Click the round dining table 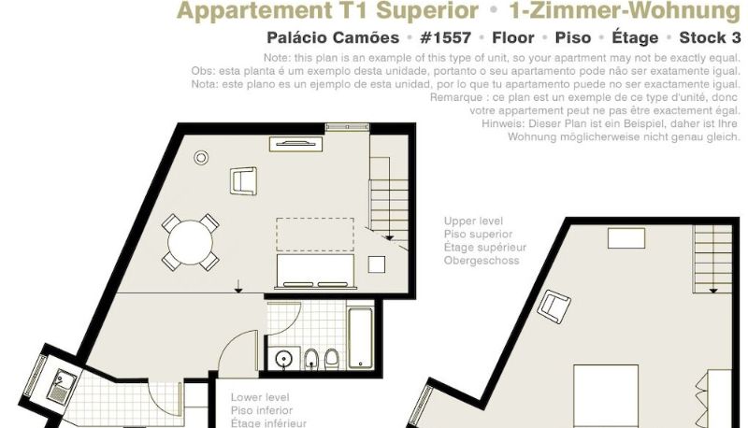pyautogui.click(x=190, y=242)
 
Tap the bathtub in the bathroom pyautogui.click(x=360, y=338)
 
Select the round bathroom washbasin pyautogui.click(x=284, y=358)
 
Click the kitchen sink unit pyautogui.click(x=61, y=386)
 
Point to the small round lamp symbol pyautogui.click(x=201, y=157)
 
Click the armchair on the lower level pyautogui.click(x=243, y=180)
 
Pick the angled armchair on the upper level pyautogui.click(x=554, y=306)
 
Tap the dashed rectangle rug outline pyautogui.click(x=315, y=235)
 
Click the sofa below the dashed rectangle pyautogui.click(x=315, y=272)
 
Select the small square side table pyautogui.click(x=377, y=264)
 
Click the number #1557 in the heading pyautogui.click(x=446, y=37)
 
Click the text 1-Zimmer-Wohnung pyautogui.click(x=625, y=10)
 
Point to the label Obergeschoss pyautogui.click(x=482, y=261)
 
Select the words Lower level pyautogui.click(x=260, y=397)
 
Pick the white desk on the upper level pyautogui.click(x=626, y=238)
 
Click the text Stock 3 pyautogui.click(x=710, y=37)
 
